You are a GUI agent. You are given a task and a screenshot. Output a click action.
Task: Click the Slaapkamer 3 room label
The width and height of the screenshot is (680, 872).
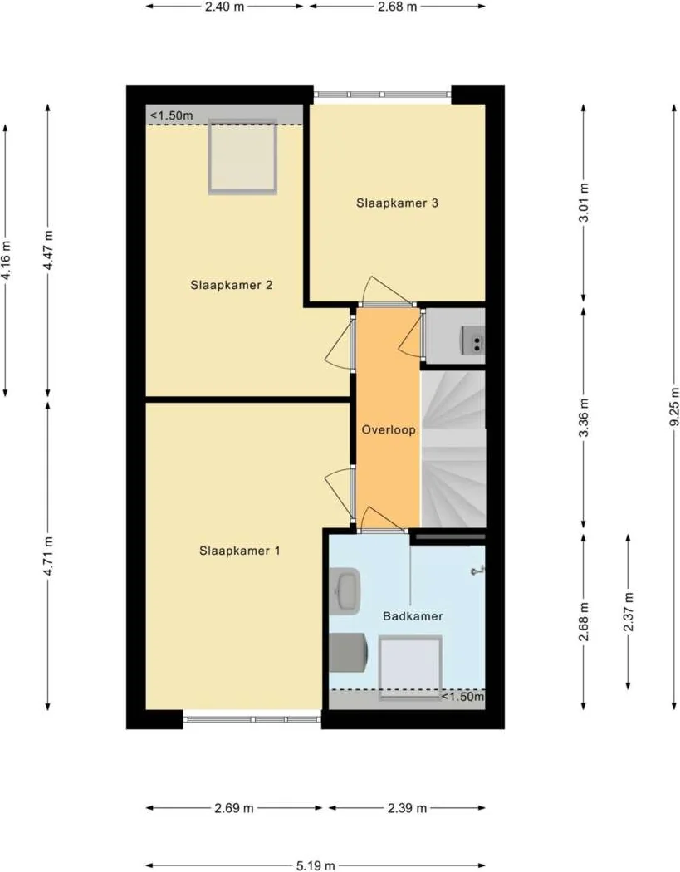397,202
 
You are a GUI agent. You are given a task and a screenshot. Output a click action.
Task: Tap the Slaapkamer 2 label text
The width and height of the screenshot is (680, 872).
232,285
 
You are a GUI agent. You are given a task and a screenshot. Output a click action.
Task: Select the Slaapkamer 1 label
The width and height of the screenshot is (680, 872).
240,550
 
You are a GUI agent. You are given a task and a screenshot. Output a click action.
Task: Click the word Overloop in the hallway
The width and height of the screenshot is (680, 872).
389,430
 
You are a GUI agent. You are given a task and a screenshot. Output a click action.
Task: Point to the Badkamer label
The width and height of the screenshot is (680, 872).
413,616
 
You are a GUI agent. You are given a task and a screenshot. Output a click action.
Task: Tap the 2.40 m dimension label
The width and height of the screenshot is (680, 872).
224,6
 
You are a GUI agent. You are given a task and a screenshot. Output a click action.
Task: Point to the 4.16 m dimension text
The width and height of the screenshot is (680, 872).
7,259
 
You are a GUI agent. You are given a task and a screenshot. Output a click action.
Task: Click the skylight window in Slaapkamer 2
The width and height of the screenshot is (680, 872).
242,156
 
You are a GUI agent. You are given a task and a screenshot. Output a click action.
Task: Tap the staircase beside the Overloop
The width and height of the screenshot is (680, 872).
453,448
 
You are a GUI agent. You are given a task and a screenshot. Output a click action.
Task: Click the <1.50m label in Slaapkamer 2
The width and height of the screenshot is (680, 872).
172,115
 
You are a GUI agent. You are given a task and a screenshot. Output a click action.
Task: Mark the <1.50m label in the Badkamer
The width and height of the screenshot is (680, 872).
462,696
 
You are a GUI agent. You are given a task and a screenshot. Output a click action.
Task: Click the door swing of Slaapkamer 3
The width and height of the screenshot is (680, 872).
382,291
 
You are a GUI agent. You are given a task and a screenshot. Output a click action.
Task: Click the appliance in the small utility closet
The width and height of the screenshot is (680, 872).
475,340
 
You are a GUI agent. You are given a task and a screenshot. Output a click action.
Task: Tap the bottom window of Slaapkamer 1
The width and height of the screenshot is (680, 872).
252,719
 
